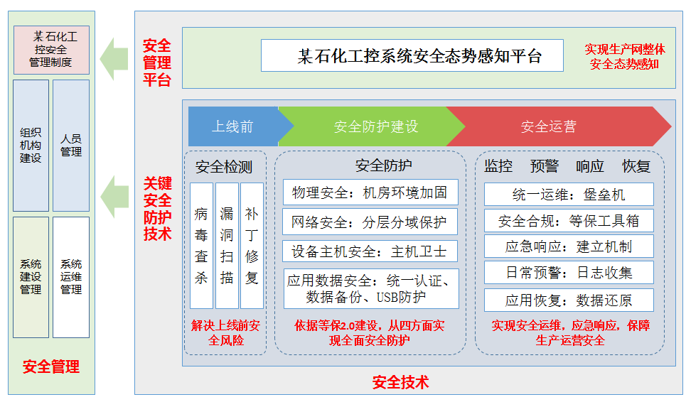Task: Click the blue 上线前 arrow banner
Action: tap(236, 126)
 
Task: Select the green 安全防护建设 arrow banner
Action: tap(372, 126)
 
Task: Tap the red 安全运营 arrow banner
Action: tap(556, 126)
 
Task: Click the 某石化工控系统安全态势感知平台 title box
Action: tap(412, 55)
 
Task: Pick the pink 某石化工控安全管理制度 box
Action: tap(52, 50)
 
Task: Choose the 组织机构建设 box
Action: tap(31, 146)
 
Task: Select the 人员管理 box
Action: tap(71, 146)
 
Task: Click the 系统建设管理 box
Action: tap(31, 277)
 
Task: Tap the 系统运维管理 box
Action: tap(71, 277)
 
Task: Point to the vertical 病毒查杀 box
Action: tap(201, 246)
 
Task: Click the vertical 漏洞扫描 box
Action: tap(227, 246)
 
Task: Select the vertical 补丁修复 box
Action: tap(252, 246)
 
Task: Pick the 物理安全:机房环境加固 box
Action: tap(370, 192)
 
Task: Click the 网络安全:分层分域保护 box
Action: tap(370, 222)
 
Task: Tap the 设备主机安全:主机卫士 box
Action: tap(370, 251)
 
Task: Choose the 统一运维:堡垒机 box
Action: tap(569, 195)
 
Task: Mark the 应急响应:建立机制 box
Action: tap(569, 246)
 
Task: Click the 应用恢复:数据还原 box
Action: tap(569, 300)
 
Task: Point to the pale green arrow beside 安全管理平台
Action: tap(114, 59)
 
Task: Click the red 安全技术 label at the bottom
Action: tap(400, 382)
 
